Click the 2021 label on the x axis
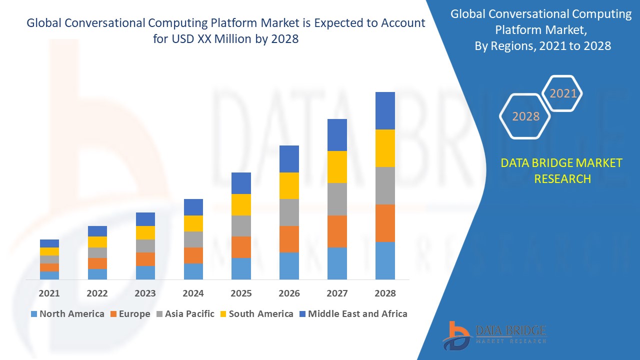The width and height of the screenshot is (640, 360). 49,293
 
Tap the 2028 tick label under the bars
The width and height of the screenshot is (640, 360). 385,293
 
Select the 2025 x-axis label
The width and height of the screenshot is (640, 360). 241,293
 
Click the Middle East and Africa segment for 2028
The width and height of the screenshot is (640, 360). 385,110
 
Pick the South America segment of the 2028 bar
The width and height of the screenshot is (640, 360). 385,148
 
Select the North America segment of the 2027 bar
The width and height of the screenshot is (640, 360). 337,263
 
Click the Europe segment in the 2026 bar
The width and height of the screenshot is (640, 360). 289,239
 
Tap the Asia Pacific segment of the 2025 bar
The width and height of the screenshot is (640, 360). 241,225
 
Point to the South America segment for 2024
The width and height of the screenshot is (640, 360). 193,223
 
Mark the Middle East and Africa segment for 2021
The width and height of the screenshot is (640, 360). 49,243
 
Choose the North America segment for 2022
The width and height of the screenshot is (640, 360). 97,274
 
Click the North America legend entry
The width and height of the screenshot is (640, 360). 67,314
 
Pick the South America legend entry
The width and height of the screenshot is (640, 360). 256,314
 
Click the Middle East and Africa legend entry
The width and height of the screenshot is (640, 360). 352,314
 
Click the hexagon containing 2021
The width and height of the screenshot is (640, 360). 562,93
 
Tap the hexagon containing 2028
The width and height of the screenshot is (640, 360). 525,116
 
